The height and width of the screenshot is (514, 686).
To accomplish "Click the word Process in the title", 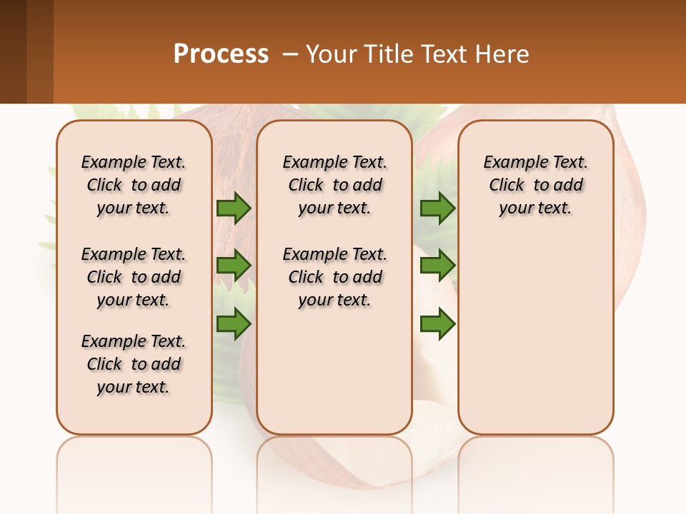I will (x=221, y=54).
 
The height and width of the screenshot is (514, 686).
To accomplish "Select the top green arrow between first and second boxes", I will (x=234, y=208).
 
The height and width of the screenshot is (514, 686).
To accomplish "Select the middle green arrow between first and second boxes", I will (x=234, y=266).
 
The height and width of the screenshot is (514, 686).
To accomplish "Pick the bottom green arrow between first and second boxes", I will (x=234, y=324).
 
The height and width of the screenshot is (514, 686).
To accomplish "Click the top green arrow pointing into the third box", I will (x=437, y=208).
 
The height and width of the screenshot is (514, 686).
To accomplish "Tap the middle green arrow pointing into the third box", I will (x=437, y=266).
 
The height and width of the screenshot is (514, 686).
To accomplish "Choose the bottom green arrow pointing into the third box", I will (x=437, y=324).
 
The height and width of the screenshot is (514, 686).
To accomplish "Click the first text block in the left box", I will (x=134, y=185).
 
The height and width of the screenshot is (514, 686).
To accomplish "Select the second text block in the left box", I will (x=134, y=277).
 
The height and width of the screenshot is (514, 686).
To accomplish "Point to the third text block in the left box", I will (x=134, y=364).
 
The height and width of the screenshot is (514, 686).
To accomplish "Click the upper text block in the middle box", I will (x=334, y=185).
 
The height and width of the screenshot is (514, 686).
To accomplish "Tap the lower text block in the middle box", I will (x=334, y=277).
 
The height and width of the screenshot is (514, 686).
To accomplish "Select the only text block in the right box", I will (x=535, y=185).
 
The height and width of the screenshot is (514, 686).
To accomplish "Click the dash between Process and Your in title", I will (x=290, y=54).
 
